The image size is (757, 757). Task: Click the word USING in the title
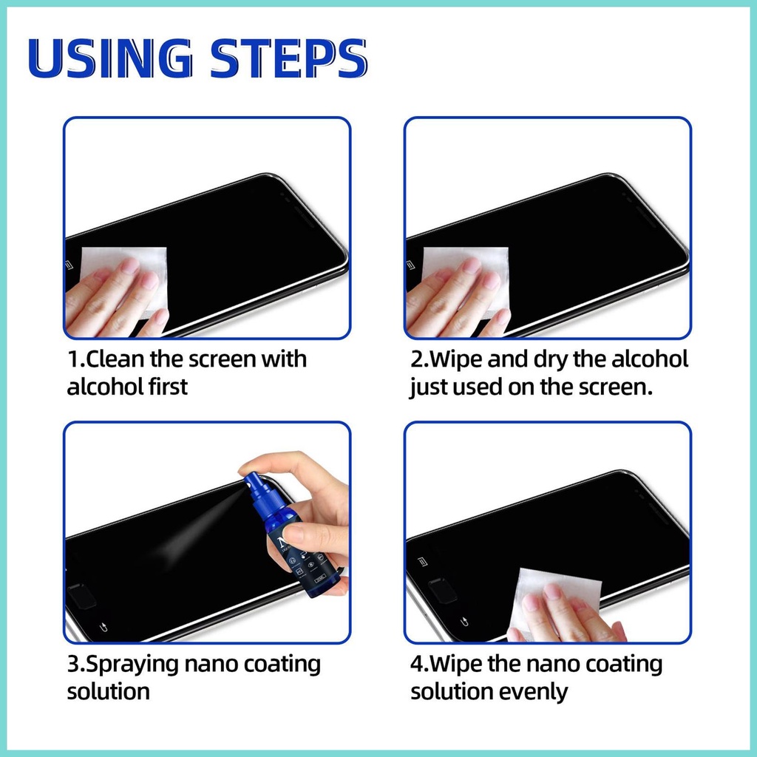[x=111, y=58]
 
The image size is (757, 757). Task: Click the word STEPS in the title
[x=289, y=58]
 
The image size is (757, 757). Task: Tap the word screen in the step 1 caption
[x=222, y=360]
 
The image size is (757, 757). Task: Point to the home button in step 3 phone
[x=81, y=596]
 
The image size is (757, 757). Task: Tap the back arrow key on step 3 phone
[x=103, y=627]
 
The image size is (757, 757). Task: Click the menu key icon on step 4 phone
[x=422, y=562]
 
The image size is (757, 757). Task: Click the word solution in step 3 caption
[x=109, y=692]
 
